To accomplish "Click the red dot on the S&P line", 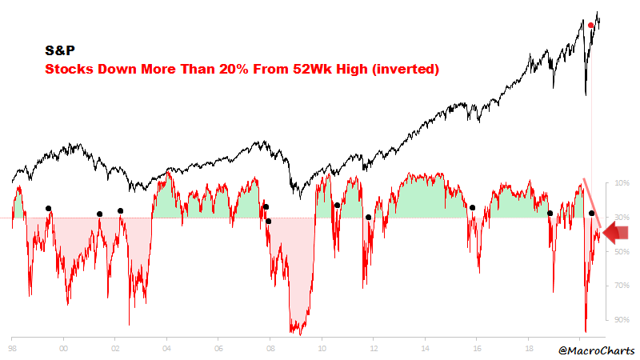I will (x=590, y=26).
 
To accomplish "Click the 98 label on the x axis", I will (x=13, y=350).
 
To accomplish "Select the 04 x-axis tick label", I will (x=166, y=350).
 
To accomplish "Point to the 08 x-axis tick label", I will (x=270, y=350).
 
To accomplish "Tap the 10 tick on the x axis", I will (x=322, y=350).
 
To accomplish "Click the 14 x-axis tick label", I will (x=425, y=350).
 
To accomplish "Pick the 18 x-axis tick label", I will (x=528, y=350).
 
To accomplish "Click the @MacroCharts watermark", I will (x=596, y=350).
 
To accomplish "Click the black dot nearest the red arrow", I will (x=591, y=213).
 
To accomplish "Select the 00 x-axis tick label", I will (x=64, y=350).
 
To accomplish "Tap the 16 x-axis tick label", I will (x=477, y=350).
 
